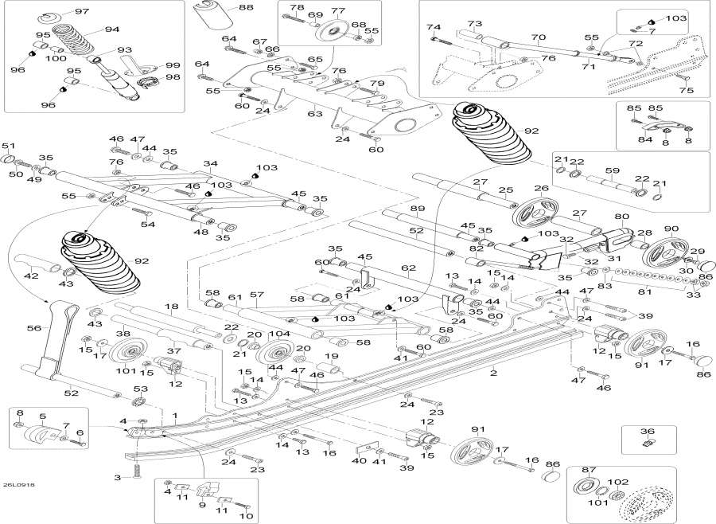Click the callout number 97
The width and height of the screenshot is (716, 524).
pyautogui.click(x=82, y=11)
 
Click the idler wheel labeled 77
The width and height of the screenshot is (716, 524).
pyautogui.click(x=331, y=33)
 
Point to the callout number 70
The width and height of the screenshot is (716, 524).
pyautogui.click(x=539, y=37)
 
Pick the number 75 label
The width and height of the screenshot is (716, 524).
pyautogui.click(x=687, y=90)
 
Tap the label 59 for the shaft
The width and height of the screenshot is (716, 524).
pyautogui.click(x=612, y=170)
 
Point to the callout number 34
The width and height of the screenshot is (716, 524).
pyautogui.click(x=211, y=163)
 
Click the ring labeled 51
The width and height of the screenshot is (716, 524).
pyautogui.click(x=9, y=159)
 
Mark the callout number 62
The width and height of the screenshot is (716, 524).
pyautogui.click(x=409, y=268)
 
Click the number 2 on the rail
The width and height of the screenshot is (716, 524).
pyautogui.click(x=493, y=373)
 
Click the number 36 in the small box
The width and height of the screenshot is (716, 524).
pyautogui.click(x=648, y=431)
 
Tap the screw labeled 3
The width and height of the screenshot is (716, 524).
pyautogui.click(x=137, y=469)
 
